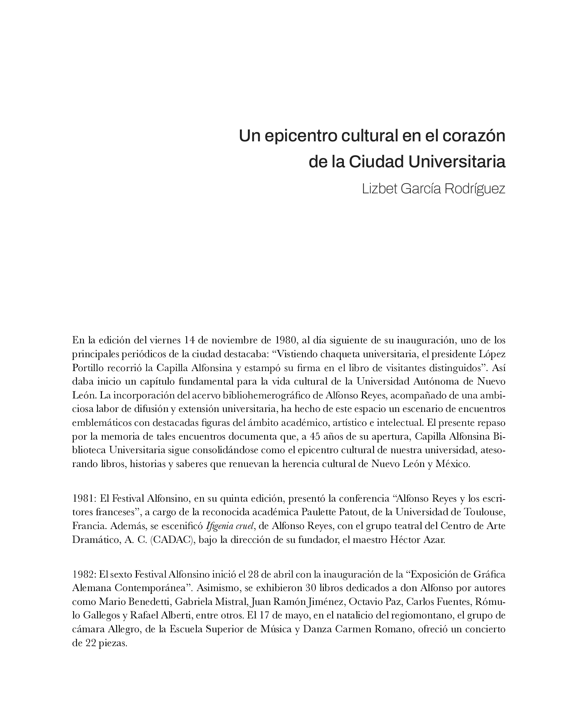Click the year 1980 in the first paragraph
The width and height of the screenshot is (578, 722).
coord(285,340)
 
